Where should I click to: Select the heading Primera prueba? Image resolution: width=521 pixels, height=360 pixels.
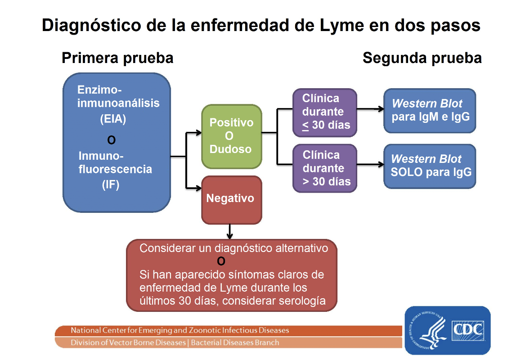(117, 58)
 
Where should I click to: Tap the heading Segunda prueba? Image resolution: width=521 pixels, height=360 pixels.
(422, 58)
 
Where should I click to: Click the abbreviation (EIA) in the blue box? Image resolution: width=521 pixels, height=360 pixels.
(113, 120)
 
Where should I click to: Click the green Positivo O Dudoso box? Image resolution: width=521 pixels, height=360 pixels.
(231, 136)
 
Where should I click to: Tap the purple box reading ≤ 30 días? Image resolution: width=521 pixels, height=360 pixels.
(325, 112)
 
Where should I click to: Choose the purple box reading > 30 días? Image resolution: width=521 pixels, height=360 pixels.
(325, 168)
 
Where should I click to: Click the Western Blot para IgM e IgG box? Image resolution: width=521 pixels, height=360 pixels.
(430, 111)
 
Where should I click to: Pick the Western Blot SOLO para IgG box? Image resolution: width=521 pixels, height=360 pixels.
(430, 166)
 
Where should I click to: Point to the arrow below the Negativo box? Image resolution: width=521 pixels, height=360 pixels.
(230, 232)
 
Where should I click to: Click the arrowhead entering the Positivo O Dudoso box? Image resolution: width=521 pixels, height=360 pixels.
(198, 132)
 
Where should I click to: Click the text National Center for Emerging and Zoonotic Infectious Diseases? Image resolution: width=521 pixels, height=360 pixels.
(180, 330)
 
